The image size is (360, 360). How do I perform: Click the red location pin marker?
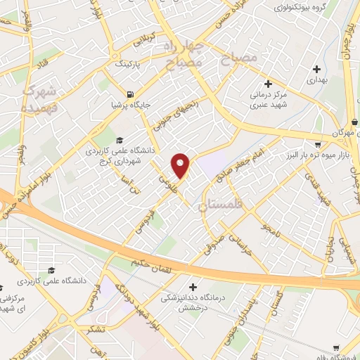click(x=181, y=165)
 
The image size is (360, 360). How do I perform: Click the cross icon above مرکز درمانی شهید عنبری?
click(x=268, y=84)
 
